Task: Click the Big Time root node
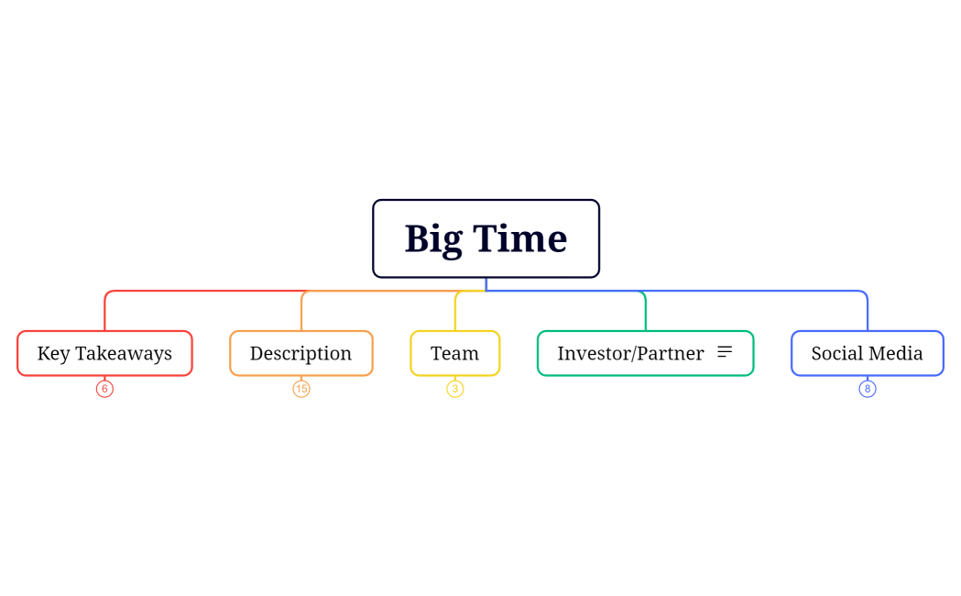pyautogui.click(x=486, y=238)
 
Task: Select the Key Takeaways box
pyautogui.click(x=104, y=353)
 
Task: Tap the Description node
pyautogui.click(x=300, y=353)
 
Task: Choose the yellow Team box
pyautogui.click(x=454, y=353)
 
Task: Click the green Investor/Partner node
pyautogui.click(x=630, y=353)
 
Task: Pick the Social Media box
pyautogui.click(x=867, y=353)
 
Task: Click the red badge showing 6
pyautogui.click(x=104, y=389)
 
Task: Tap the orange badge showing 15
pyautogui.click(x=301, y=389)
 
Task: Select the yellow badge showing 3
pyautogui.click(x=455, y=389)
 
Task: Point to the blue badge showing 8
pyautogui.click(x=868, y=389)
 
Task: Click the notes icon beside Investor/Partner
pyautogui.click(x=725, y=352)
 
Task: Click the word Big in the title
pyautogui.click(x=433, y=239)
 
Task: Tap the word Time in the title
pyautogui.click(x=519, y=238)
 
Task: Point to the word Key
pyautogui.click(x=53, y=353)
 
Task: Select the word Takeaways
pyautogui.click(x=124, y=353)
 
